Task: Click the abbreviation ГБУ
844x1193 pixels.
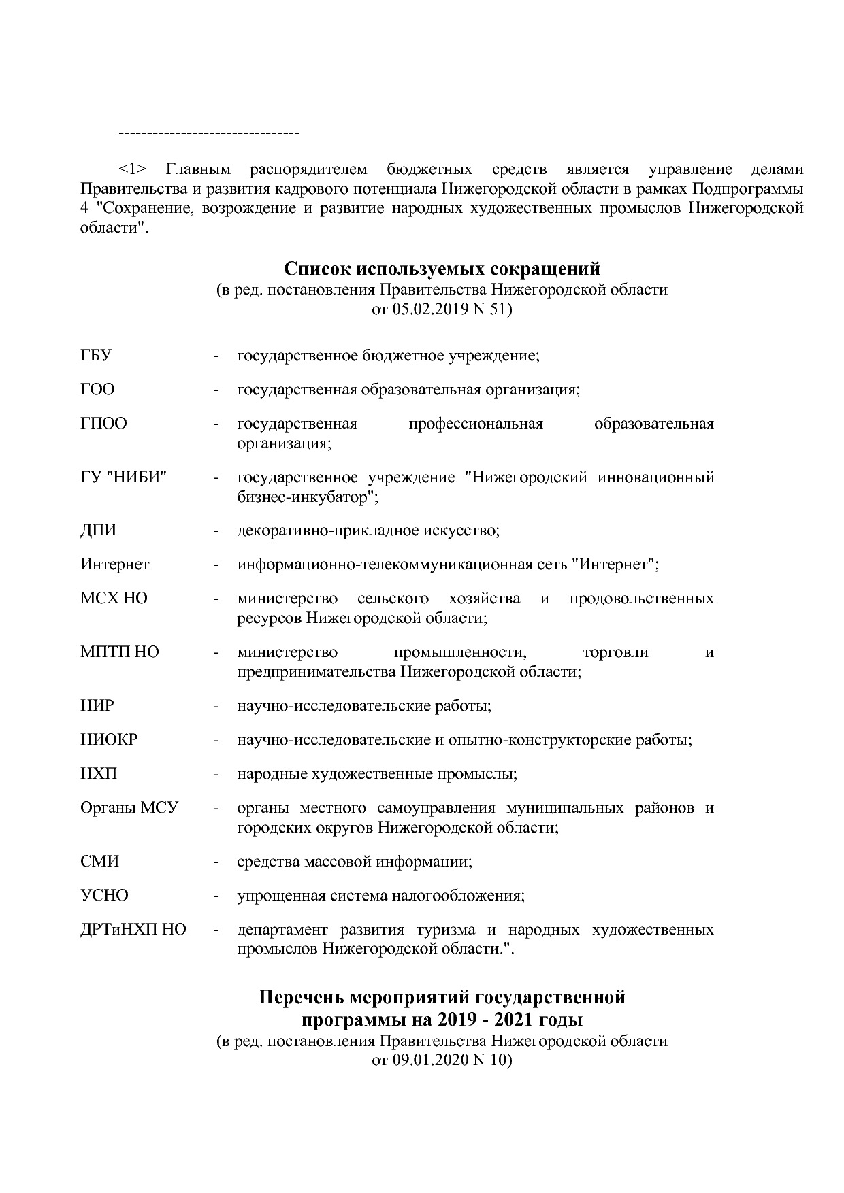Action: pyautogui.click(x=96, y=356)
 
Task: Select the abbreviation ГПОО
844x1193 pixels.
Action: pyautogui.click(x=103, y=424)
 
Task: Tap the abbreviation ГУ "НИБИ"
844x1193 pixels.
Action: pyautogui.click(x=124, y=477)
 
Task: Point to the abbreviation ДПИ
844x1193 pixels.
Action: pyautogui.click(x=98, y=531)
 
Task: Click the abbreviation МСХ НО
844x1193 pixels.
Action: pyautogui.click(x=114, y=599)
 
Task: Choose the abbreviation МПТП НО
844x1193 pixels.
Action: pyautogui.click(x=119, y=652)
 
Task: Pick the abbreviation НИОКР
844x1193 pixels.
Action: pyautogui.click(x=109, y=740)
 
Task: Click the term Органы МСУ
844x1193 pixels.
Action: pyautogui.click(x=129, y=808)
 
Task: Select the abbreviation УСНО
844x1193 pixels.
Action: pyautogui.click(x=104, y=896)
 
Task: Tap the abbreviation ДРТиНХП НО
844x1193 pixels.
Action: pyautogui.click(x=133, y=930)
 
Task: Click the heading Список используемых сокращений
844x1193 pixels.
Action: pyautogui.click(x=442, y=268)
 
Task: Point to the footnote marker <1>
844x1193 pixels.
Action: pyautogui.click(x=133, y=169)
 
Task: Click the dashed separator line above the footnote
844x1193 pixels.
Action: pyautogui.click(x=209, y=132)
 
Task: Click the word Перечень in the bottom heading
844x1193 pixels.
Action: pyautogui.click(x=302, y=998)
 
